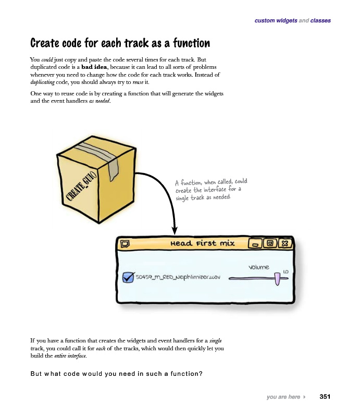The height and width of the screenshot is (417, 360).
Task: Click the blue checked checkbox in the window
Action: coord(128,277)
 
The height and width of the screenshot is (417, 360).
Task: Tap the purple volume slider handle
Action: coord(277,278)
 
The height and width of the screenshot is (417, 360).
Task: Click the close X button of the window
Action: coord(285,243)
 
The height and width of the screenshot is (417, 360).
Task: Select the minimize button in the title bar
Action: coord(255,243)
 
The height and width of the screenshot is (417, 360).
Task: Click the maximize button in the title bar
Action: coord(270,243)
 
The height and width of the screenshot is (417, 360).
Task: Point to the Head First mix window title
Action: coord(203,243)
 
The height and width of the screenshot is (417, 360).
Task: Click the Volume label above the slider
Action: coord(259,267)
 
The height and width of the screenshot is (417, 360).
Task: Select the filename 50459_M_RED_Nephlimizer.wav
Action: coord(178,277)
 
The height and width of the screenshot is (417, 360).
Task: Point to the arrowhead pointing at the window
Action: coord(175,230)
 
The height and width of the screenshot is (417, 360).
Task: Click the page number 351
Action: coord(325,397)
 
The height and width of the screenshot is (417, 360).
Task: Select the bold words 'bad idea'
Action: coord(94,67)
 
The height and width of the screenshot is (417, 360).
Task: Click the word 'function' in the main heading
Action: coord(191,43)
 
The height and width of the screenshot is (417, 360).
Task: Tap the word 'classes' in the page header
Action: coord(320,20)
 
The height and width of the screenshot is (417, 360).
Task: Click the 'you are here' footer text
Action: coord(283,397)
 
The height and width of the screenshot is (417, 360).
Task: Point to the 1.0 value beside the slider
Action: coord(285,272)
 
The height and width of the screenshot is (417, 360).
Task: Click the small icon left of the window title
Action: coord(125,243)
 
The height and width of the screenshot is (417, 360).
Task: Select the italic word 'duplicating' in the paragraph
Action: coord(42,82)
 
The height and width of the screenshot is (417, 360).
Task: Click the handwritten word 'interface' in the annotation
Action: coord(215,190)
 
